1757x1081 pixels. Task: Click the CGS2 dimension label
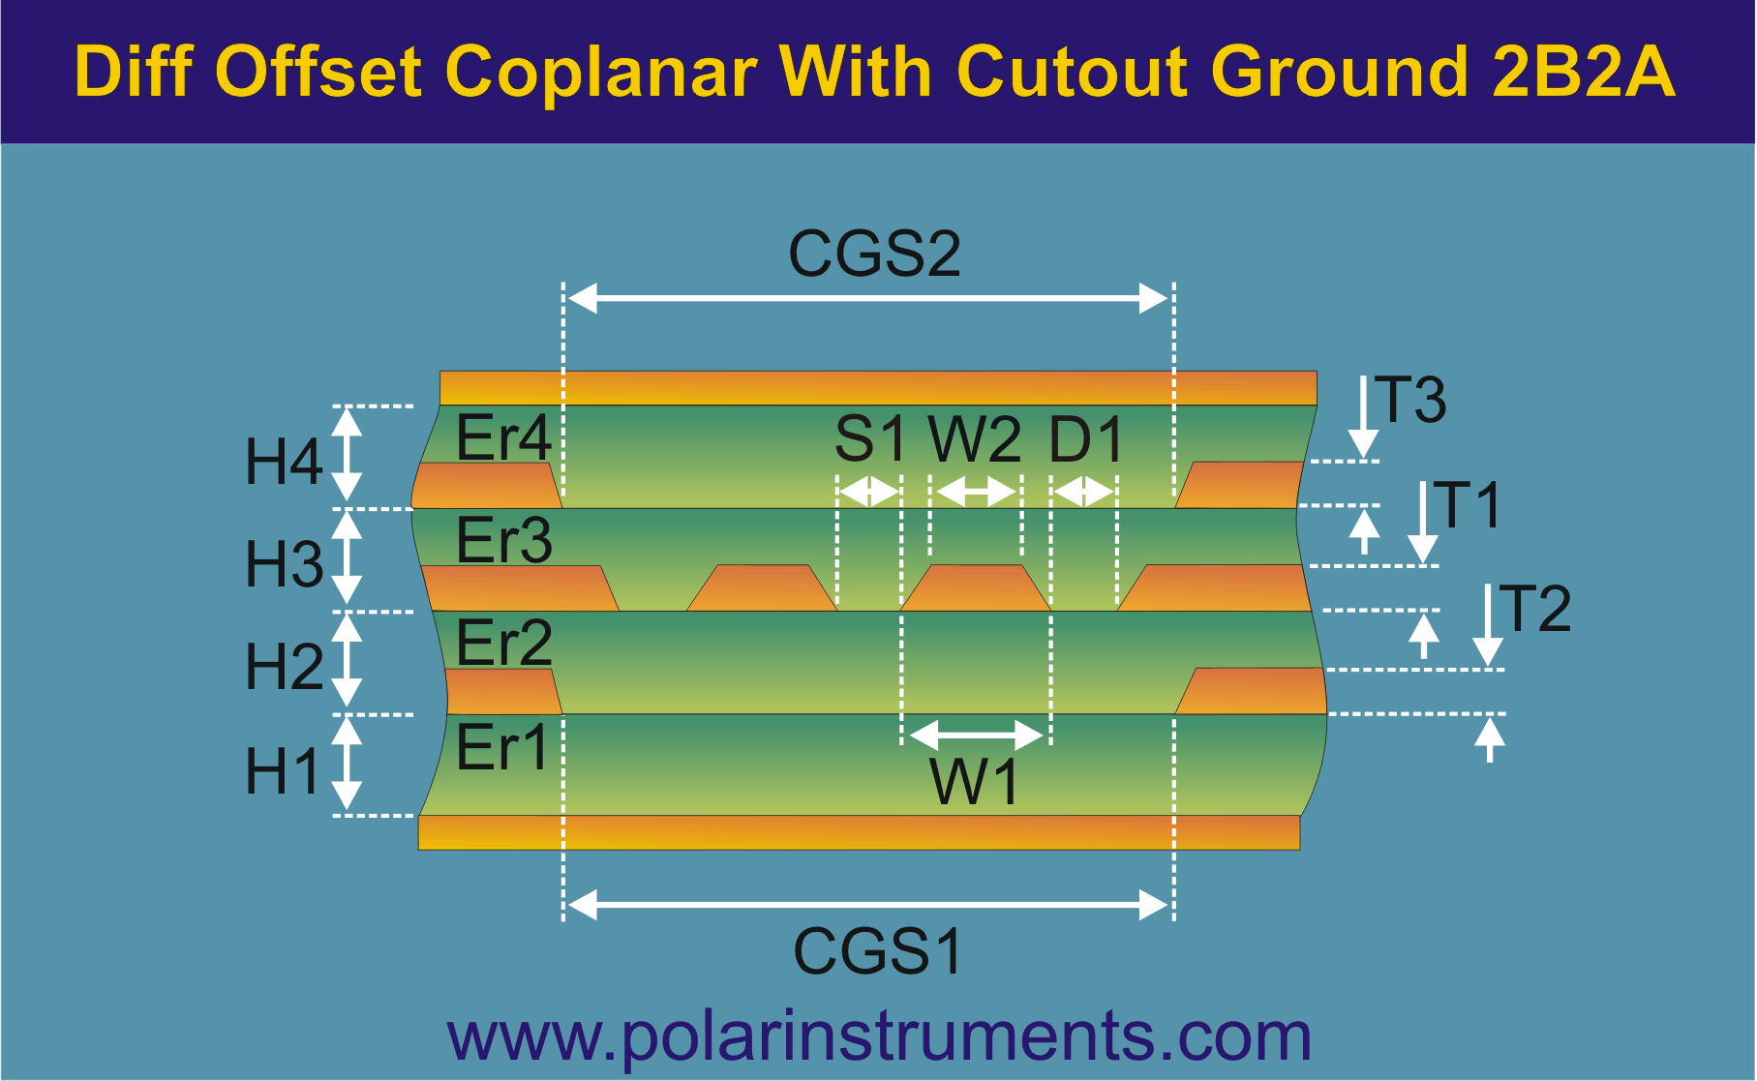point(874,254)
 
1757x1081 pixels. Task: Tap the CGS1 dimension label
point(878,951)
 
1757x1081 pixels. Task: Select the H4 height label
point(284,461)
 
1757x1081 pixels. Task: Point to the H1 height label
point(282,771)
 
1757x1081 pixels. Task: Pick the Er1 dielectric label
point(501,747)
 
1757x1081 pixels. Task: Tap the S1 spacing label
point(869,438)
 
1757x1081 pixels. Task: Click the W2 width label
point(975,438)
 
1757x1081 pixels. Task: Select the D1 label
point(1086,438)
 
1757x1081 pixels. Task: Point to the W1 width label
point(975,781)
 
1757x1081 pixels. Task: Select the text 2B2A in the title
point(1584,71)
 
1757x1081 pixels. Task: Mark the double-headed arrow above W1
point(976,735)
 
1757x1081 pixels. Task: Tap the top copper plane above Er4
point(878,388)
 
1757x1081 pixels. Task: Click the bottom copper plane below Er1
point(859,832)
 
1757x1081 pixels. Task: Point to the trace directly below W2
point(976,587)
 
